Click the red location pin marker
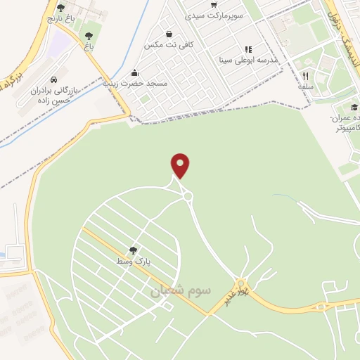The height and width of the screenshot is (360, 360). pyautogui.click(x=181, y=165)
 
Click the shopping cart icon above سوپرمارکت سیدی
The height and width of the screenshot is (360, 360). pyautogui.click(x=213, y=4)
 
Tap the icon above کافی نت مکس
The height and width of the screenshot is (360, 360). pyautogui.click(x=169, y=34)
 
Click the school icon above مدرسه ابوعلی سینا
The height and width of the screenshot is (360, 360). pyautogui.click(x=247, y=49)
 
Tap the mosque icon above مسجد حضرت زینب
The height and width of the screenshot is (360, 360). pyautogui.click(x=134, y=73)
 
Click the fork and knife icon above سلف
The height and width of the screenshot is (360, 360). pyautogui.click(x=305, y=76)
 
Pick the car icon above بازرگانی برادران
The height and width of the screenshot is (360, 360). pyautogui.click(x=56, y=79)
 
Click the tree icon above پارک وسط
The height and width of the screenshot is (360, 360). pyautogui.click(x=133, y=250)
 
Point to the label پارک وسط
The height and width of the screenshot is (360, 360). pyautogui.click(x=134, y=261)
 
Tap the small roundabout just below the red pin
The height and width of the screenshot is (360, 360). pyautogui.click(x=188, y=196)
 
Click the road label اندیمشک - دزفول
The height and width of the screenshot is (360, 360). pyautogui.click(x=342, y=28)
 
